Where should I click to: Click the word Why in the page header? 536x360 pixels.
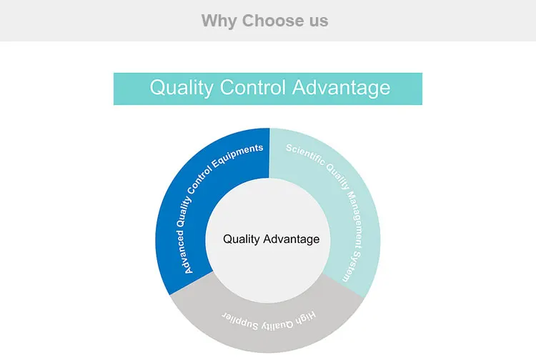click(x=219, y=21)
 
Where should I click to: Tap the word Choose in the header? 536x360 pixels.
click(x=273, y=21)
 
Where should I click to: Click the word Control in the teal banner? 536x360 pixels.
click(x=252, y=87)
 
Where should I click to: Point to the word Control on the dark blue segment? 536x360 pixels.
click(x=198, y=184)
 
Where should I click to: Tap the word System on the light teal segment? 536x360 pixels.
click(x=352, y=267)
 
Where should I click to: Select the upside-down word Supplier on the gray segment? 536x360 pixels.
click(x=240, y=321)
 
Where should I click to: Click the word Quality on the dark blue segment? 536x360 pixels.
click(x=182, y=213)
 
